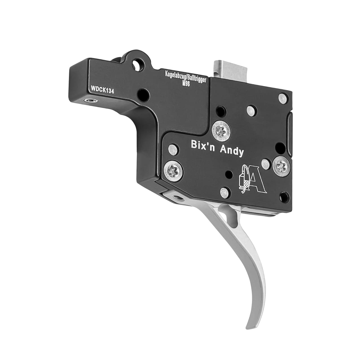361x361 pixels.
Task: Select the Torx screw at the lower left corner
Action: pos(173,171)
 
